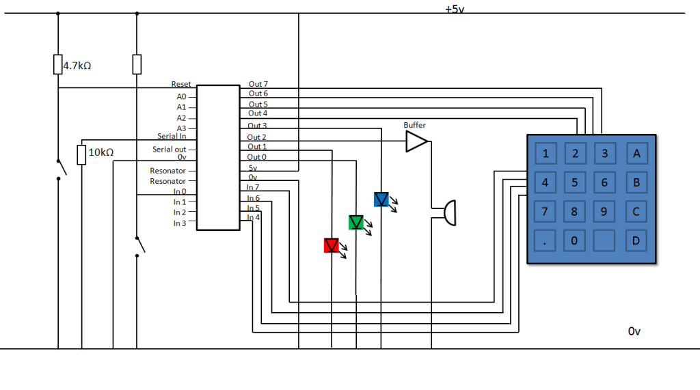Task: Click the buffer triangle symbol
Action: click(417, 141)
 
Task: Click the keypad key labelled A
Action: click(636, 154)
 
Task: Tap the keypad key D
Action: click(636, 241)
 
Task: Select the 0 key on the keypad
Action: click(574, 241)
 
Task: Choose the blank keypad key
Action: click(604, 241)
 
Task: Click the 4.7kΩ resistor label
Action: click(77, 66)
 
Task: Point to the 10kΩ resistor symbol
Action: click(81, 155)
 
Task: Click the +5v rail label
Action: click(455, 9)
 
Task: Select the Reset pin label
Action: click(180, 84)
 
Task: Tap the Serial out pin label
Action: click(170, 149)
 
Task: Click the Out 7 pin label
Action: click(258, 84)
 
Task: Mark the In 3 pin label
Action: click(180, 223)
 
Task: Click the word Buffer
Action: click(414, 125)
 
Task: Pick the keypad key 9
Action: click(604, 212)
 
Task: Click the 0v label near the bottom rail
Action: click(634, 331)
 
